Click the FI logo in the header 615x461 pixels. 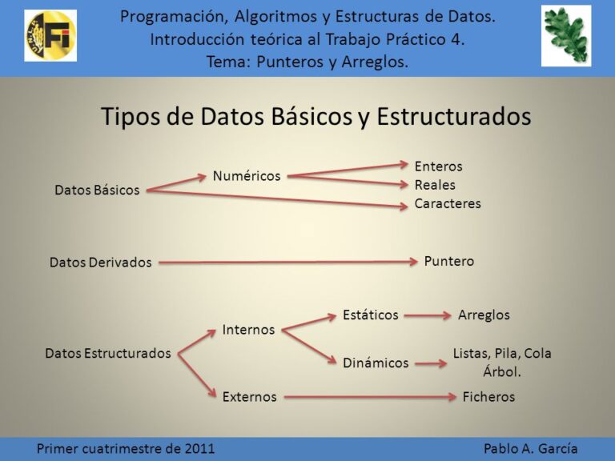coord(50,35)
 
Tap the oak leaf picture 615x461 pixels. coord(565,34)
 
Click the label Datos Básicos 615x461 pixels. coord(97,190)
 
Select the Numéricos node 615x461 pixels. coord(247,175)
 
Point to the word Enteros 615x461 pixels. coord(438,166)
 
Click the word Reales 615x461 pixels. coord(435,185)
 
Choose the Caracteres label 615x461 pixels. coord(448,203)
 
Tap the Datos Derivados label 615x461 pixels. coord(100,263)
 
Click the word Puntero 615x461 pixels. coord(449,261)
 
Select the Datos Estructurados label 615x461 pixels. coord(108,353)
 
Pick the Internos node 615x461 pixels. coord(248,330)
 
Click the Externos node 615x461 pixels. coord(250,396)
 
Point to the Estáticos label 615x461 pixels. coord(370,315)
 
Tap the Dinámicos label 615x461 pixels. coord(376,363)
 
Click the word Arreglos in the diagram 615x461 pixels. coord(484,315)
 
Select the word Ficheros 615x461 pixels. coord(488,396)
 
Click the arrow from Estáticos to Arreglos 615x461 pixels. coord(428,315)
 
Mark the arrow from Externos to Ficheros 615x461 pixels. coord(369,396)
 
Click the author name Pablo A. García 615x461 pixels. coord(530,448)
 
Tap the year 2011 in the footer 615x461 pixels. coord(199,448)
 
